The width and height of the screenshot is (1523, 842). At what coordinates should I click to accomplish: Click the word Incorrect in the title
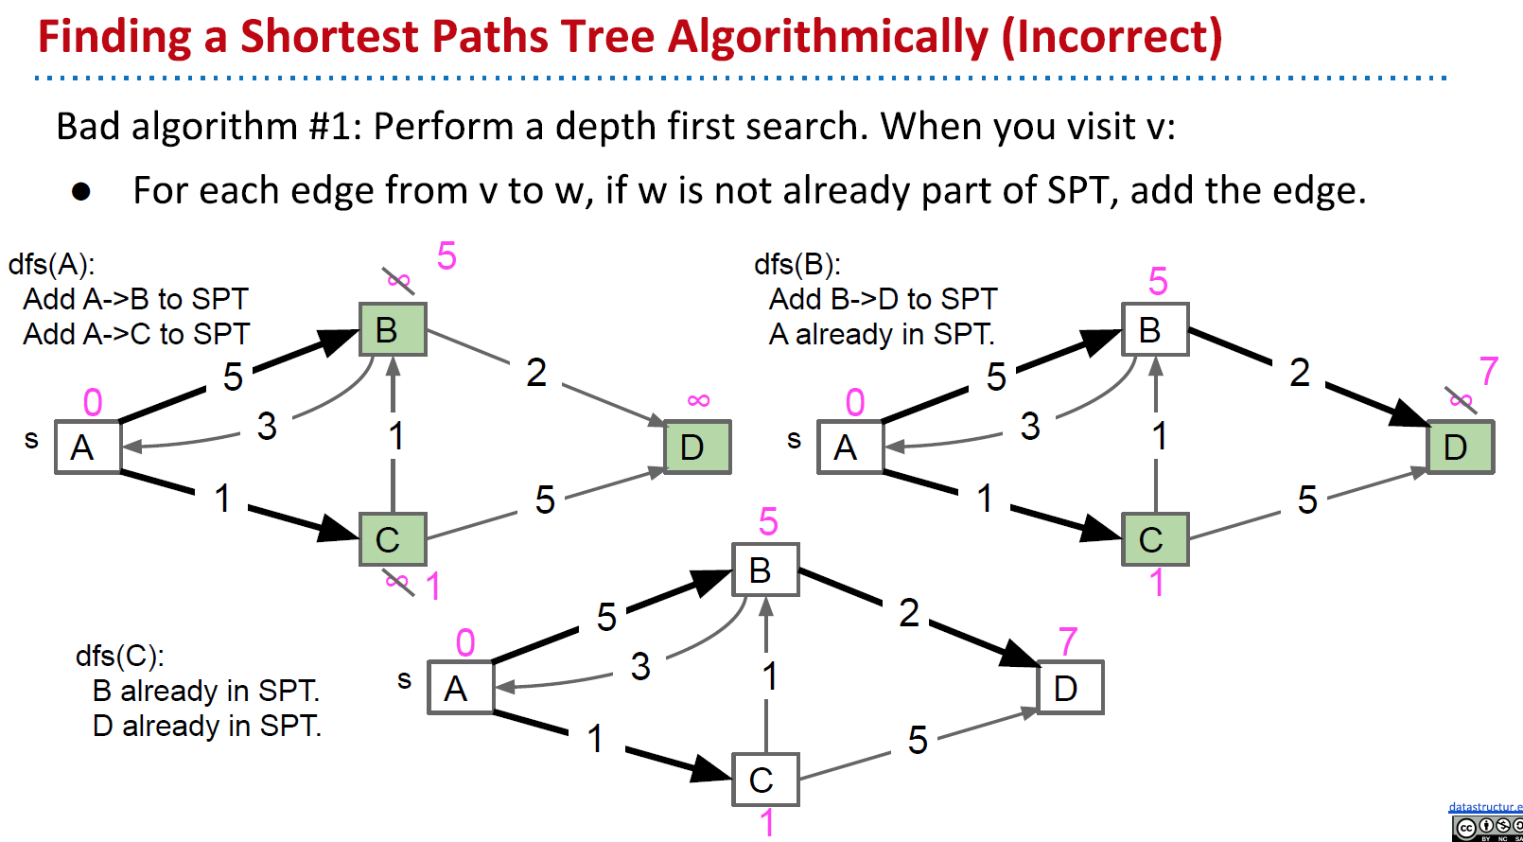coord(1112,37)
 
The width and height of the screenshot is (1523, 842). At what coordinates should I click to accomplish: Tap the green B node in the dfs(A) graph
coord(393,329)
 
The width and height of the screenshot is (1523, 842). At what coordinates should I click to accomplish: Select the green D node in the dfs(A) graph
coord(697,447)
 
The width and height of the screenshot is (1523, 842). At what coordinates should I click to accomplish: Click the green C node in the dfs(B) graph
coord(1154,539)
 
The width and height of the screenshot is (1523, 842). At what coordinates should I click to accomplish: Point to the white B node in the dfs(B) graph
coord(1154,329)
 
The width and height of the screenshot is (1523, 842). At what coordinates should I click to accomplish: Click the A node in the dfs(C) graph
coord(460,687)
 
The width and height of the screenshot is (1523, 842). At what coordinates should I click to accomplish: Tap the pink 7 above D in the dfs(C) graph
coord(1068,642)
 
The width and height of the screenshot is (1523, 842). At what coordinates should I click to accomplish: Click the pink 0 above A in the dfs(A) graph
coord(93,403)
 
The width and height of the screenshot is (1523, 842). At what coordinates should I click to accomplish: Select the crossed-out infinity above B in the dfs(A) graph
coord(398,280)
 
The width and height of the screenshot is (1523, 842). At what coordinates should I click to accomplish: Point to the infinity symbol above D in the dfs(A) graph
coord(698,400)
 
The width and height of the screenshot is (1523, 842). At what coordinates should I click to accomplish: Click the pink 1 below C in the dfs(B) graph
coord(1156,583)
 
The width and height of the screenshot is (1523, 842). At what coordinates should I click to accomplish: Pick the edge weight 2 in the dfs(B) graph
coord(1300,373)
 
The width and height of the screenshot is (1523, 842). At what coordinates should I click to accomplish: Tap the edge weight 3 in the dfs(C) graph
coord(640,667)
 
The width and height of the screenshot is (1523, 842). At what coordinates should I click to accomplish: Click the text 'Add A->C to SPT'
coord(136,334)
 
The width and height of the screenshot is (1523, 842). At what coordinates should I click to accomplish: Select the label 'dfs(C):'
coord(120,656)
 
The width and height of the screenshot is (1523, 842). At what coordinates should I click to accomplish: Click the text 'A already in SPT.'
coord(882,334)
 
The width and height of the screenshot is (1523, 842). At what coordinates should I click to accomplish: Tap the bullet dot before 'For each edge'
coord(81,192)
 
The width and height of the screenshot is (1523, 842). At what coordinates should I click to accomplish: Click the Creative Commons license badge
coord(1487,829)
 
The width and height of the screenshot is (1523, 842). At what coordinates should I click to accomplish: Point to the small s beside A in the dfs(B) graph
coord(794,439)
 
